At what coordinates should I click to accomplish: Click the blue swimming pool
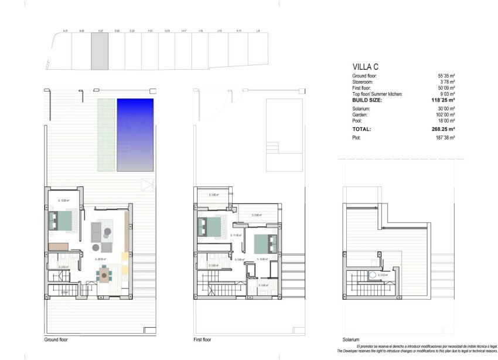click(135, 133)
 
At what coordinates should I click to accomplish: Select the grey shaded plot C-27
click(100, 50)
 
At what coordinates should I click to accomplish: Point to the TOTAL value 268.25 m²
click(442, 129)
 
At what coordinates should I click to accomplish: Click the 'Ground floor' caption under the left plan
click(56, 339)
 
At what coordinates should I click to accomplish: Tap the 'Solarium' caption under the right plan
click(351, 339)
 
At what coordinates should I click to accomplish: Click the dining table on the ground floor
click(105, 273)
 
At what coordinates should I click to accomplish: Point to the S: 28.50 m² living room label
click(103, 258)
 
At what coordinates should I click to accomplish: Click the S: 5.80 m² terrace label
click(257, 215)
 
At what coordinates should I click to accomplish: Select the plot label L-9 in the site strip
click(258, 30)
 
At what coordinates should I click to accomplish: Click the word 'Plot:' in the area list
click(357, 138)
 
